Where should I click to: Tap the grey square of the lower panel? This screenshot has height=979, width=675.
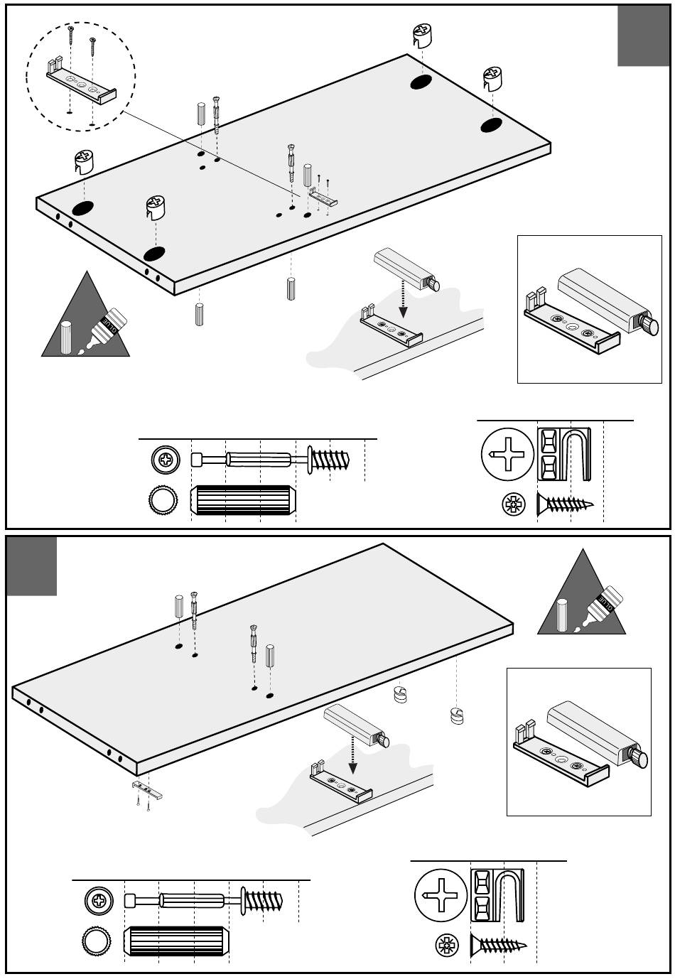click(x=32, y=566)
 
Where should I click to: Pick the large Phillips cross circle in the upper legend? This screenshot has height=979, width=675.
click(x=507, y=454)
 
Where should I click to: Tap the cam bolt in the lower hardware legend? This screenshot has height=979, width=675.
click(x=205, y=901)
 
